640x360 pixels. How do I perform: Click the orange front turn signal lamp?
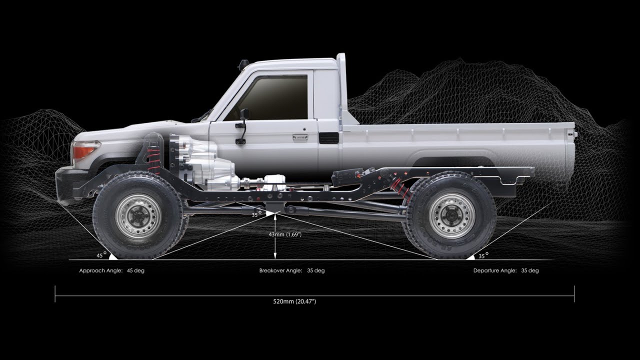click(x=85, y=149)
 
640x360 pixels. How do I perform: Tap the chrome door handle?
click(x=300, y=137)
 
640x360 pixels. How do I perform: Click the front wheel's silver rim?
click(x=138, y=216)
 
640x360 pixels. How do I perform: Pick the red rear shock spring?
click(x=402, y=188)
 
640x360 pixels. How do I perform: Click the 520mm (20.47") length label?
click(x=294, y=301)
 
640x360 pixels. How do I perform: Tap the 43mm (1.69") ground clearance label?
click(x=285, y=234)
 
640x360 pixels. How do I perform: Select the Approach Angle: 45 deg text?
click(x=111, y=270)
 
